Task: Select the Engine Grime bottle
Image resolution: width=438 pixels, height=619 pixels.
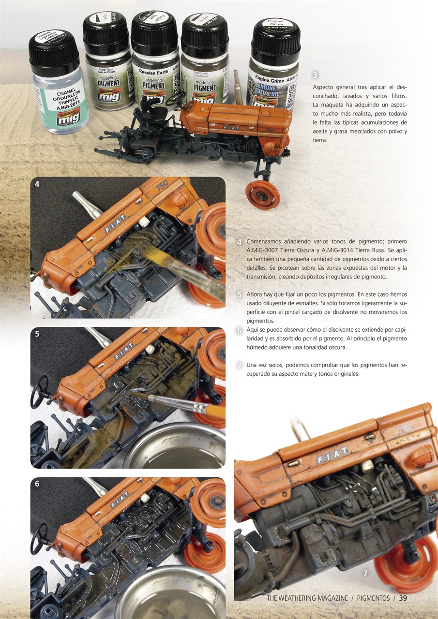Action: coord(274,73)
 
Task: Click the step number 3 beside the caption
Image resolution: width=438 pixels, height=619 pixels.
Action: coord(315,75)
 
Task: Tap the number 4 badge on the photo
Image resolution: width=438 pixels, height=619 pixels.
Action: coord(37,184)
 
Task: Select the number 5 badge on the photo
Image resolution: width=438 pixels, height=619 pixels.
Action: coord(37,334)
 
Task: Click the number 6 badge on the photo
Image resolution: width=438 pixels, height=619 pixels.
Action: coord(37,483)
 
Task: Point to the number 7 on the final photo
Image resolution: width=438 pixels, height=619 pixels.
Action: coord(365,574)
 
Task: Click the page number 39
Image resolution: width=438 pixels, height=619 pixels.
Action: coord(403,598)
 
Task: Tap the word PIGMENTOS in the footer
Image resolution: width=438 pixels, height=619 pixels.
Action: coord(373,598)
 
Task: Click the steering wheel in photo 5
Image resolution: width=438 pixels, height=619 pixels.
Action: coord(39,391)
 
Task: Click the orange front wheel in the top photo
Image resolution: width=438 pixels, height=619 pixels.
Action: coord(262,194)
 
